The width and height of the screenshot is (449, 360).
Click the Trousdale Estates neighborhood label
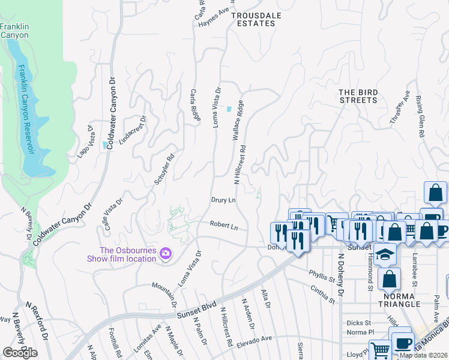253,19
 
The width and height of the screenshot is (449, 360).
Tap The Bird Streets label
358,96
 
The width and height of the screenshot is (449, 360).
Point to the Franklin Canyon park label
14,31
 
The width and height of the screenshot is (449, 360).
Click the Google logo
20,353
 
